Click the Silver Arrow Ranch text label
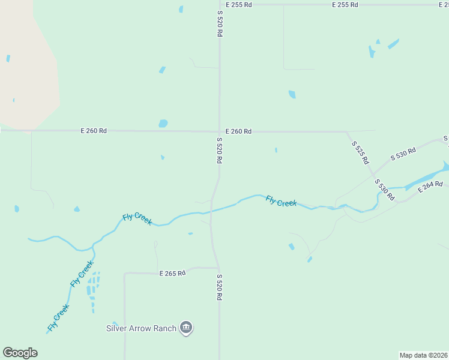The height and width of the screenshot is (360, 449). pyautogui.click(x=141, y=328)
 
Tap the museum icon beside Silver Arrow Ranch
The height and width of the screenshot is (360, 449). pyautogui.click(x=186, y=328)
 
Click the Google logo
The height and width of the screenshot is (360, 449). pyautogui.click(x=20, y=353)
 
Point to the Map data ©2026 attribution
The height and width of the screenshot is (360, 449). pyautogui.click(x=424, y=355)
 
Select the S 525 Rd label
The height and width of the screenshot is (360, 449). pyautogui.click(x=360, y=153)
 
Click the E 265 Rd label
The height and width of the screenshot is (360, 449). pyautogui.click(x=172, y=273)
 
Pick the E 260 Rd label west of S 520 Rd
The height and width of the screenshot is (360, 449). pyautogui.click(x=94, y=131)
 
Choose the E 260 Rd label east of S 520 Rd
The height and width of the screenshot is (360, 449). pyautogui.click(x=238, y=131)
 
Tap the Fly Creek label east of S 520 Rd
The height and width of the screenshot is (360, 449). pyautogui.click(x=281, y=201)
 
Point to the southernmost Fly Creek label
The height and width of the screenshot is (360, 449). pyautogui.click(x=58, y=318)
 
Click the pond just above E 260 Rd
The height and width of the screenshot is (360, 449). pyautogui.click(x=163, y=124)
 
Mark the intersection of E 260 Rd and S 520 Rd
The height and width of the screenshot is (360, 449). pyautogui.click(x=219, y=131)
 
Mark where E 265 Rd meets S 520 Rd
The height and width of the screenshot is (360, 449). pyautogui.click(x=218, y=268)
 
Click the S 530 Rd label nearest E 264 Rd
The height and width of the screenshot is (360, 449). pyautogui.click(x=384, y=189)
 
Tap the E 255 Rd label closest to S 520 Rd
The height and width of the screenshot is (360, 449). pyautogui.click(x=240, y=4)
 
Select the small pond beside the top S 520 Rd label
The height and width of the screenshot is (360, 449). pyautogui.click(x=181, y=9)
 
